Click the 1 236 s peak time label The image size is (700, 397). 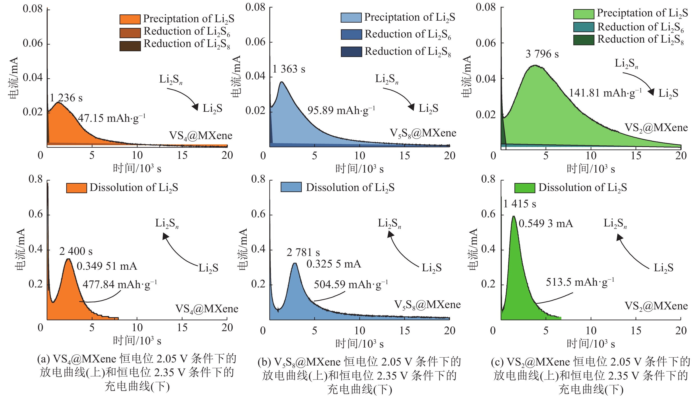pos(66,98)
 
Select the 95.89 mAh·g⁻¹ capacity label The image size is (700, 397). pos(341,110)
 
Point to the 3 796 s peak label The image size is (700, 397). pos(542,54)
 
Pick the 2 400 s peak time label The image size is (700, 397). pos(76,251)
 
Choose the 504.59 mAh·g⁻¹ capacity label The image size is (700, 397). pos(351,284)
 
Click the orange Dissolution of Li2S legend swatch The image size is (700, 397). pos(76,188)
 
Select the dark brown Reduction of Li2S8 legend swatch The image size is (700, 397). pos(130,45)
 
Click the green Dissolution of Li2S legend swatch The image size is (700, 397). pos(525,188)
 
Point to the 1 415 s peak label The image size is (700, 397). pos(520,204)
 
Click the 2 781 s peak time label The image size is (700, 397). pos(303,252)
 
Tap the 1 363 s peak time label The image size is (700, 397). pos(289,69)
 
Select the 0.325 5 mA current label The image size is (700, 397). pos(334,264)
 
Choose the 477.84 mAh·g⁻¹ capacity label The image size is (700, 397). pos(120,284)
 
